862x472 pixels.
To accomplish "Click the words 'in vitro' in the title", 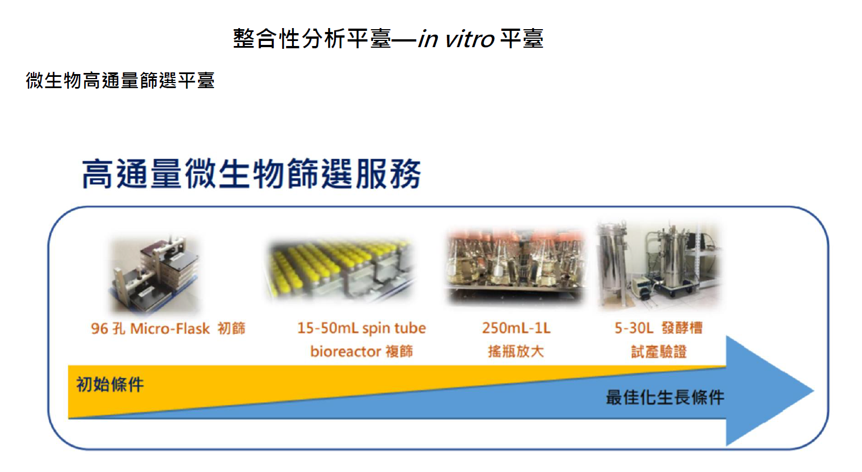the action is coord(456,39).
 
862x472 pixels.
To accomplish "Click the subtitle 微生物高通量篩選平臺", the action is coord(120,80).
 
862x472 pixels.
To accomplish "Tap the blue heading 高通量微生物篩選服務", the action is coord(252,174).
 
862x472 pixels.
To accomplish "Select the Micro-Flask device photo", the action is coord(155,274).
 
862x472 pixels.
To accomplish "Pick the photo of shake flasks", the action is coord(515,266).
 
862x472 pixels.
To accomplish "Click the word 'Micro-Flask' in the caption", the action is coord(170,329).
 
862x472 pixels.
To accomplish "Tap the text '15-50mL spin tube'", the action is coord(362,328).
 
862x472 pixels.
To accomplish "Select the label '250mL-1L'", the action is coord(516,328).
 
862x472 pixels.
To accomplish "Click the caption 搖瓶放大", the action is coord(515,351).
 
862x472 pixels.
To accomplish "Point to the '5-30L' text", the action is coord(634,328).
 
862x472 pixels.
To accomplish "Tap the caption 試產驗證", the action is coord(659,351).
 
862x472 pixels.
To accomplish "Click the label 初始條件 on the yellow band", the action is coord(110,384).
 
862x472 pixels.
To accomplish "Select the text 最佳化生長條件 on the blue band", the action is coord(665,397).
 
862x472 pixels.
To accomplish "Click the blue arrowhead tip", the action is coord(814,391).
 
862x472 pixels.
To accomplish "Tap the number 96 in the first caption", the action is coord(99,329).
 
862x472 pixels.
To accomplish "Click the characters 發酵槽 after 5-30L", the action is coord(682,328).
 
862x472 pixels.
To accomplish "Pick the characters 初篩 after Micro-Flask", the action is coord(231,328).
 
